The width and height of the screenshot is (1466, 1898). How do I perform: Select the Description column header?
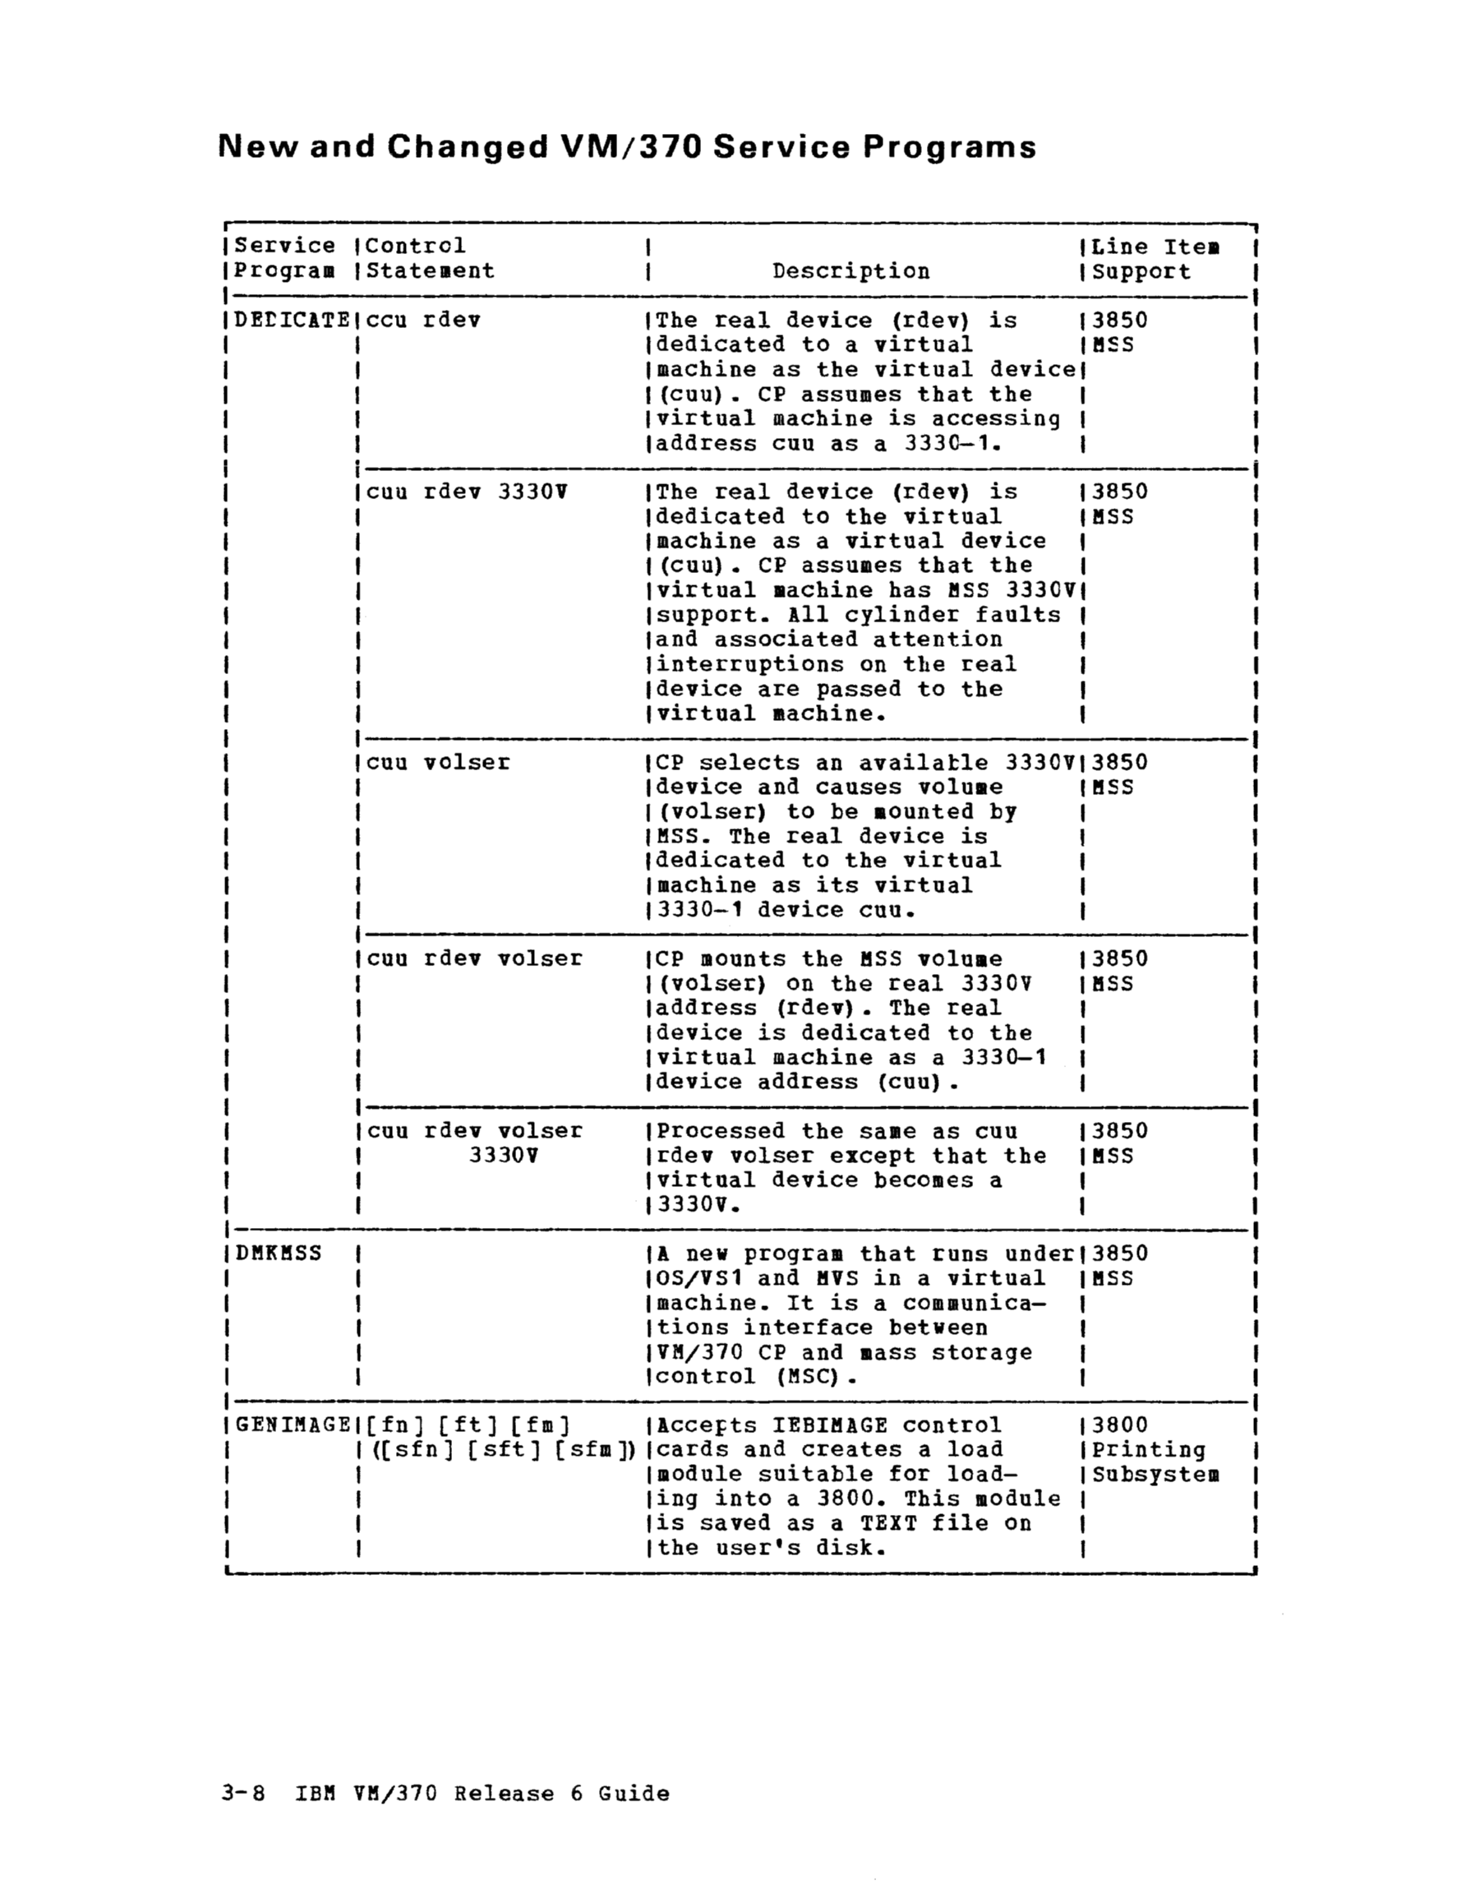(x=851, y=271)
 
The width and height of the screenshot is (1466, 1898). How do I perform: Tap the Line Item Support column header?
(x=1155, y=259)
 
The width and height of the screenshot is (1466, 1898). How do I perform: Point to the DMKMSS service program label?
(x=278, y=1254)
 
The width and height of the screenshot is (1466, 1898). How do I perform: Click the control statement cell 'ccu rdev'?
(x=423, y=321)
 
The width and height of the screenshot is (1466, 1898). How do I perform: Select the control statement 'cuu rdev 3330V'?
(x=467, y=492)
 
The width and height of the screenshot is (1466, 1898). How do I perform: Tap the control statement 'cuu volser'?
(x=438, y=762)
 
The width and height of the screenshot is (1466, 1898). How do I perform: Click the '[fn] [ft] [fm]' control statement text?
(x=468, y=1425)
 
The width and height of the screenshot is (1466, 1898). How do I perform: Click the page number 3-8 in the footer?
(x=243, y=1794)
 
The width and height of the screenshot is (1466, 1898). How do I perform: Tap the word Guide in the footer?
(x=634, y=1794)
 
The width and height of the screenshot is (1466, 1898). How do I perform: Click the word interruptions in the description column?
(x=750, y=665)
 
